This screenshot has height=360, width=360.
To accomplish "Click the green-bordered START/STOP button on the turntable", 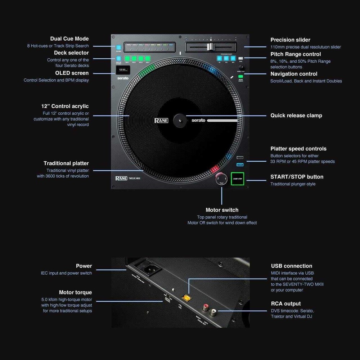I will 237,179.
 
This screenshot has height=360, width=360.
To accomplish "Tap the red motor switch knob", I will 221,179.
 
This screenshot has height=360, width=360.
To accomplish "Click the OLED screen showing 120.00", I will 122,70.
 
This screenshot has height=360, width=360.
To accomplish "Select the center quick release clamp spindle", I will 179,120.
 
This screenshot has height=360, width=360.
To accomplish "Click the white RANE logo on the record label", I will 161,120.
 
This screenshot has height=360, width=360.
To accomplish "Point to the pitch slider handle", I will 210,47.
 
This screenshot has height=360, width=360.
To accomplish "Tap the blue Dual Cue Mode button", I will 118,48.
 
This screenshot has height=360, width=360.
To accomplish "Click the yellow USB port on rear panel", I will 186,298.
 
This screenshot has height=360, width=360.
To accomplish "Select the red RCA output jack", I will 205,307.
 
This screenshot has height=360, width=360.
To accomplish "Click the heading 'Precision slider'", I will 290,40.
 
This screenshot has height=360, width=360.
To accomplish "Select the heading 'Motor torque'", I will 75,292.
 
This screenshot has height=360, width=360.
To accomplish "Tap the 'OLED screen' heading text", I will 72,73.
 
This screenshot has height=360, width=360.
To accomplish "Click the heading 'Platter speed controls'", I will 298,149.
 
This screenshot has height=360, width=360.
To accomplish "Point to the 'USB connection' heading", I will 291,266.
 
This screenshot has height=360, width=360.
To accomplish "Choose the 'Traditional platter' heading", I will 66,163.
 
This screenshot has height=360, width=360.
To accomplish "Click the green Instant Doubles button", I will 240,76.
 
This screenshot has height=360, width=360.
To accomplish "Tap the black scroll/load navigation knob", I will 242,67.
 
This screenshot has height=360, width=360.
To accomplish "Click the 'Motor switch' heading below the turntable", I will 222,210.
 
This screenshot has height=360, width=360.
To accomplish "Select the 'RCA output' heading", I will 285,303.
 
